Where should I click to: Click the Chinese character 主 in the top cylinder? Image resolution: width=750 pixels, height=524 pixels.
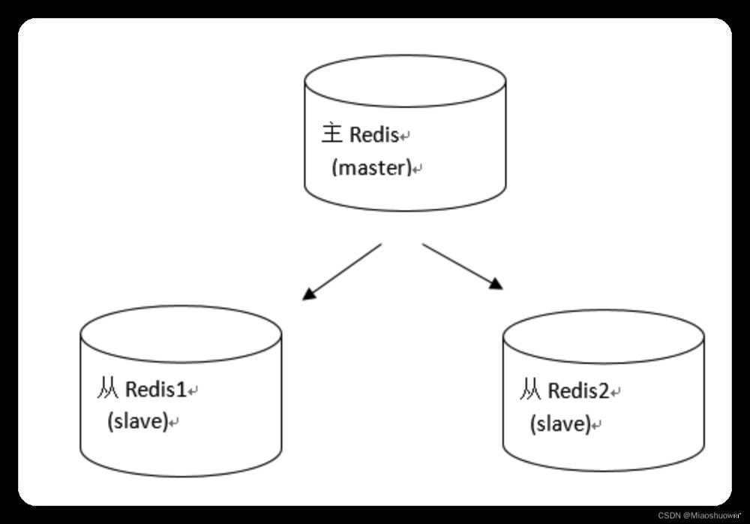(331, 134)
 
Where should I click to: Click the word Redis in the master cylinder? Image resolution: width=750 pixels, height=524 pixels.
(373, 135)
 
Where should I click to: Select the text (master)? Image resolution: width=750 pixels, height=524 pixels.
(371, 167)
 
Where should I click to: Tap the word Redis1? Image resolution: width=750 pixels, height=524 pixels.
(155, 390)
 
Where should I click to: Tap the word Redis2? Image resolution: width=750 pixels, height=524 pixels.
(578, 390)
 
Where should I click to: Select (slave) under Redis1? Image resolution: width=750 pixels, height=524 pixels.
(136, 421)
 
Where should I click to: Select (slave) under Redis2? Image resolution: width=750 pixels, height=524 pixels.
(559, 424)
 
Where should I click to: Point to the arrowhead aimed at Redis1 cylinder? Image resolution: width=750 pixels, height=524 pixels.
(308, 294)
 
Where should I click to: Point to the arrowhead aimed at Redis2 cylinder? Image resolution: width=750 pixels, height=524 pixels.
(496, 285)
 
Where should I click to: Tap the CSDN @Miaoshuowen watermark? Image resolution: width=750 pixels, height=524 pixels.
(699, 516)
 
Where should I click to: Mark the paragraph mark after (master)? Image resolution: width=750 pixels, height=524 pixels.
(418, 169)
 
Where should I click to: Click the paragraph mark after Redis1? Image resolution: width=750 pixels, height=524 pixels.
(193, 391)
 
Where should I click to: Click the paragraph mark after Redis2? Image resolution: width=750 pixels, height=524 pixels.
(616, 392)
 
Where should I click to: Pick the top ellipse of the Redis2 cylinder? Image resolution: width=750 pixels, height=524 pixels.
(604, 336)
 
